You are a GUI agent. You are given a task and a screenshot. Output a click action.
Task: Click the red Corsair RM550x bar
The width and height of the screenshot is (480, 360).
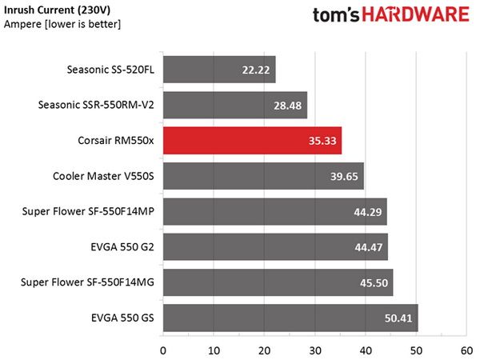(x=252, y=141)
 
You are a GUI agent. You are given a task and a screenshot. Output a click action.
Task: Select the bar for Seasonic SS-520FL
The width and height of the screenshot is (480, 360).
(x=219, y=70)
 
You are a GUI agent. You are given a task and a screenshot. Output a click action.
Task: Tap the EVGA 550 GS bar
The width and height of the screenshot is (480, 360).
(x=290, y=318)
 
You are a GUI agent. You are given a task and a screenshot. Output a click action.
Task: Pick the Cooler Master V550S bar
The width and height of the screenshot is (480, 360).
(x=263, y=176)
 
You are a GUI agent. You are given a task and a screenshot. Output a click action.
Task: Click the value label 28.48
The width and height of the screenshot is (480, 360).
(x=287, y=106)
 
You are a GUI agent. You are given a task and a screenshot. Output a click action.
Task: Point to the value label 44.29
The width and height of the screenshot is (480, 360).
(x=368, y=212)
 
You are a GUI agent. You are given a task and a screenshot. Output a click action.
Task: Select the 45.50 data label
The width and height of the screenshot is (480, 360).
(x=374, y=283)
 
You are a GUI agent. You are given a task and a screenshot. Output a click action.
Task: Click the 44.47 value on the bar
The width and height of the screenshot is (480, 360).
(x=369, y=247)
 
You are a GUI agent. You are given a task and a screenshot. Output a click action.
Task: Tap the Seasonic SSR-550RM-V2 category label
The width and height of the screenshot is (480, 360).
(x=96, y=105)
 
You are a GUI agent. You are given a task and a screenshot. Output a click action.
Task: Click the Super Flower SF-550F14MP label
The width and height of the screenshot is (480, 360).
(x=88, y=211)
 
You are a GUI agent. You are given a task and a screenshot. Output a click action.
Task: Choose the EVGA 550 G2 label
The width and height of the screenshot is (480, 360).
(x=122, y=247)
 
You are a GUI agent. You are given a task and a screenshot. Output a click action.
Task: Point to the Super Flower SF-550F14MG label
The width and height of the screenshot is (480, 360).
(x=87, y=282)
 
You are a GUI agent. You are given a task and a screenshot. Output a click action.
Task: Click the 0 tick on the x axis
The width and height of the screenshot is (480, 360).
(x=163, y=351)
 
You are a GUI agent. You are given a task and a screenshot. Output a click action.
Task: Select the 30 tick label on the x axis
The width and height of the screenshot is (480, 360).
(x=315, y=351)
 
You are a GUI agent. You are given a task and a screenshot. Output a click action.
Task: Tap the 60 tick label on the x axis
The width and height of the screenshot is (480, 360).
(x=467, y=351)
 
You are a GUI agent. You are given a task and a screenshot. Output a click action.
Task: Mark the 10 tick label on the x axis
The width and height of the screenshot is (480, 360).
(x=214, y=351)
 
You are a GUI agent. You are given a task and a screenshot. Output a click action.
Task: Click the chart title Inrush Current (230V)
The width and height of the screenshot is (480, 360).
(x=58, y=10)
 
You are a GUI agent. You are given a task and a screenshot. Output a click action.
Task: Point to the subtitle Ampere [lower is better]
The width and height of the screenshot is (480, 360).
(x=62, y=24)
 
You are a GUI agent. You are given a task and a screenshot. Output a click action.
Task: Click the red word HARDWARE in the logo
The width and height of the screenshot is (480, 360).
(x=416, y=14)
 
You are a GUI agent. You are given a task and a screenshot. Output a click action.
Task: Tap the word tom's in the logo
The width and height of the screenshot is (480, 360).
(x=336, y=15)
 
